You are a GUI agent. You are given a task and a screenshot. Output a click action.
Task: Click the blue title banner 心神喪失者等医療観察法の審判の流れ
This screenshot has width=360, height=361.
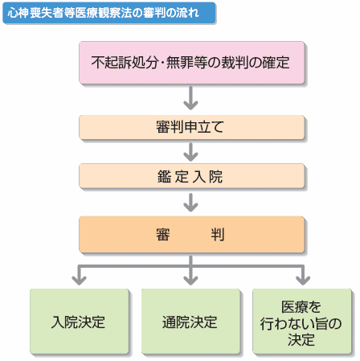coord(109,13)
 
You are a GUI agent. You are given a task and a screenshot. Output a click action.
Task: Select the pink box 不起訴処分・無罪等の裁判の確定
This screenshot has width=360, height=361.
coord(192,63)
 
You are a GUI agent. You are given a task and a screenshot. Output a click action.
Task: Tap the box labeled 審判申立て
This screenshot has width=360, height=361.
coord(192,127)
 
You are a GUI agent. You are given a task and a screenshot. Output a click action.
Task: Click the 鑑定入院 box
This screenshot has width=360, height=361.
coord(192,176)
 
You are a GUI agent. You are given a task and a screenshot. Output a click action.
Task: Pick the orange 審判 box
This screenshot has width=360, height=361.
coord(192,235)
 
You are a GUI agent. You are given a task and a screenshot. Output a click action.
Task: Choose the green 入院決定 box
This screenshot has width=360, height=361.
coord(80,322)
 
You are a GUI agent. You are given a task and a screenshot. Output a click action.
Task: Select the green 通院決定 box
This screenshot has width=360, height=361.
coord(190,322)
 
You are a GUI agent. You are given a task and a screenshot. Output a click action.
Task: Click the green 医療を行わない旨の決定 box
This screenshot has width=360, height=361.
coord(302,322)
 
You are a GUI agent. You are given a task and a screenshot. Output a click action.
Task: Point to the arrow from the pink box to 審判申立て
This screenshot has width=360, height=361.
coord(190,98)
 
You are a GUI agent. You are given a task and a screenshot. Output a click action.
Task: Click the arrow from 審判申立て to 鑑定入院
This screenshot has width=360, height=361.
coord(190,152)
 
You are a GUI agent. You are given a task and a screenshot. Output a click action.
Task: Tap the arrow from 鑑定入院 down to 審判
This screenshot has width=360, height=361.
coord(190,203)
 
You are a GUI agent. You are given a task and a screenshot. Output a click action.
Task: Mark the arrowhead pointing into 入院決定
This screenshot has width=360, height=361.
coord(79,281)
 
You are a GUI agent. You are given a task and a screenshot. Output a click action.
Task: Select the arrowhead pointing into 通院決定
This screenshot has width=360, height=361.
coord(190,281)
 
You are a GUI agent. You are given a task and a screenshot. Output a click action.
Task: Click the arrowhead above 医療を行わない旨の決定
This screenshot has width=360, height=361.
coord(303,281)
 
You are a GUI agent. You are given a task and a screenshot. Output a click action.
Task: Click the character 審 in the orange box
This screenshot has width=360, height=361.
coord(163,235)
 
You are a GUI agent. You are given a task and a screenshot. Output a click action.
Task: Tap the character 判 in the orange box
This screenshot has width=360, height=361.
coord(218,235)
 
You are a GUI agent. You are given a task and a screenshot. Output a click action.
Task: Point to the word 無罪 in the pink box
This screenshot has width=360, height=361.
coord(180,63)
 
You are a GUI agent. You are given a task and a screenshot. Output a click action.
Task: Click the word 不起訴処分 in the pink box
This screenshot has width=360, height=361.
coord(125,63)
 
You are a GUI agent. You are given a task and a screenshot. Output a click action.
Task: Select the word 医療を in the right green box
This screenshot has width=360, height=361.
coord(301,307)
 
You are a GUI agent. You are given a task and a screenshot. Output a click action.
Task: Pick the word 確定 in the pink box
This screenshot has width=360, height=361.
coord(276,63)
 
